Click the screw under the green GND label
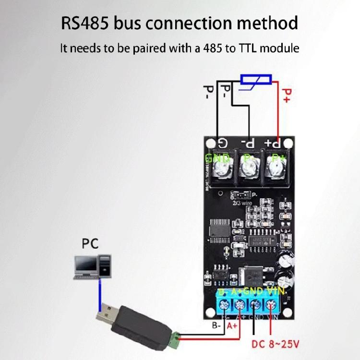(x=222, y=169)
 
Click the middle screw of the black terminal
(x=249, y=169)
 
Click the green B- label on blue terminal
(x=222, y=291)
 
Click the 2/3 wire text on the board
(x=240, y=203)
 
